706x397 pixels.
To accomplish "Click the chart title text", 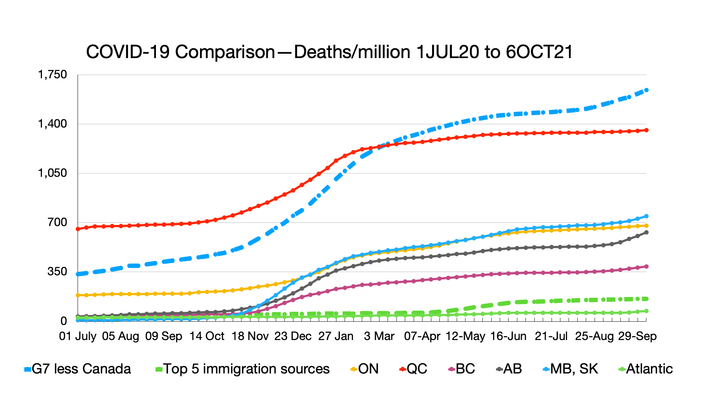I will [329, 52].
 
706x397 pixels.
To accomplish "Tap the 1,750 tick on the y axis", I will [53, 75].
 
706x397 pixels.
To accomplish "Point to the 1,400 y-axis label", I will [53, 124].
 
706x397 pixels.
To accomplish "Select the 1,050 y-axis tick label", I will [53, 173].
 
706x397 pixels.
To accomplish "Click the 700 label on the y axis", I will [57, 222].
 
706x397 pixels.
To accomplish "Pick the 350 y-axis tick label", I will [57, 272].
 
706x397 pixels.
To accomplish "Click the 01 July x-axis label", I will [78, 336].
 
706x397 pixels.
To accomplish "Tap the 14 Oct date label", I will [207, 336].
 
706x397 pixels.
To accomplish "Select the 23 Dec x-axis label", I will [293, 336].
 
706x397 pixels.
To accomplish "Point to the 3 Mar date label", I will [379, 336].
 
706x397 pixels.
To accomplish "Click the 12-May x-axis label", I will [465, 336].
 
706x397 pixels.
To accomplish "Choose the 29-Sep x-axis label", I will [637, 336].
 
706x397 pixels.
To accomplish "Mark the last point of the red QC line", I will [646, 130].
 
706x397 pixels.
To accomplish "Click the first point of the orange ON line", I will [78, 295].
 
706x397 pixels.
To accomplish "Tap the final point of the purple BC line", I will [646, 267].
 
